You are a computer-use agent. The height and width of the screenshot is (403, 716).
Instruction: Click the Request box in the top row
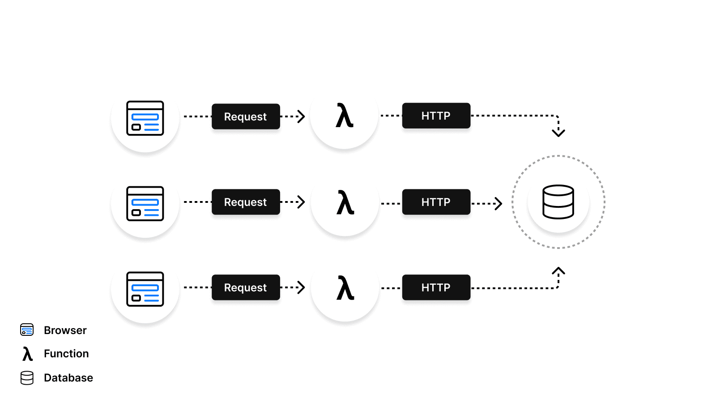coord(246,116)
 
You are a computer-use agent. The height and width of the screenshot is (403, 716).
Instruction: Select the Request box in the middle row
coord(246,202)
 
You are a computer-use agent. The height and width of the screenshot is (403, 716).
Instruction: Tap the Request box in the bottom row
coord(246,287)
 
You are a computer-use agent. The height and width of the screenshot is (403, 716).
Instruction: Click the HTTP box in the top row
coord(436,116)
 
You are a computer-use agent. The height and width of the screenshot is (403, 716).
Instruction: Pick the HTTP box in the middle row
coord(436,202)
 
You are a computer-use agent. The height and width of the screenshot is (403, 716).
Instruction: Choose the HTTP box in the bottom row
coord(436,287)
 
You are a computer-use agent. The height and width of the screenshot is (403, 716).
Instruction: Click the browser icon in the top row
coord(145,118)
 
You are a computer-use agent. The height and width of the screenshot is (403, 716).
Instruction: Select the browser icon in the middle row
coord(145,204)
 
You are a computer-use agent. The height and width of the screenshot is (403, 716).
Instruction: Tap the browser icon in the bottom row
coord(145,289)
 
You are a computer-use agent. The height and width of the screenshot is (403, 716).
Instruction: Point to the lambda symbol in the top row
coord(345,116)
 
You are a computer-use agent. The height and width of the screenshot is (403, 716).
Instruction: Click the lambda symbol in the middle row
coord(345,202)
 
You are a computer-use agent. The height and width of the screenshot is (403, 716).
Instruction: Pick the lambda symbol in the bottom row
coord(345,288)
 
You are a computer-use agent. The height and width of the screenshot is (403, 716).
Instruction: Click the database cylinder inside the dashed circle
coord(558,202)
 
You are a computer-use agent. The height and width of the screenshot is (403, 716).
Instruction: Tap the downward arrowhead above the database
coord(558,133)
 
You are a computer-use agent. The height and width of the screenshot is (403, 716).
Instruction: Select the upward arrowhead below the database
coord(558,271)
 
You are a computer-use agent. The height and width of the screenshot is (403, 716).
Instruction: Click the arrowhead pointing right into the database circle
coord(499,204)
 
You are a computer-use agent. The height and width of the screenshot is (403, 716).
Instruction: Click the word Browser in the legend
coord(65,330)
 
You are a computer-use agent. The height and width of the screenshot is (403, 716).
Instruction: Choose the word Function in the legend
coord(66,354)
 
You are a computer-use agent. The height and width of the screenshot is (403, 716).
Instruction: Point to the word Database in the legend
coord(68,378)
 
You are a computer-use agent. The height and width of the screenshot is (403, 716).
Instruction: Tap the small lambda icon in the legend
coord(27,354)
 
